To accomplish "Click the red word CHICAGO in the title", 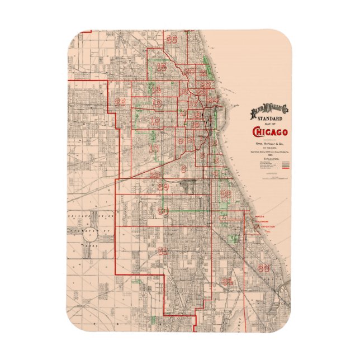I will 271,132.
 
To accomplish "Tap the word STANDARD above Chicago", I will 271,119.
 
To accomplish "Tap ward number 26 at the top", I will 172,39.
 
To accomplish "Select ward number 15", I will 162,68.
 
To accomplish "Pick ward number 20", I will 190,72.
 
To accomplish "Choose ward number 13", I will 157,103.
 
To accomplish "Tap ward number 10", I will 154,148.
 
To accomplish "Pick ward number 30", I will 163,211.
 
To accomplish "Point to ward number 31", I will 163,250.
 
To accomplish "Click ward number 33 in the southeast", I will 264,267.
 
